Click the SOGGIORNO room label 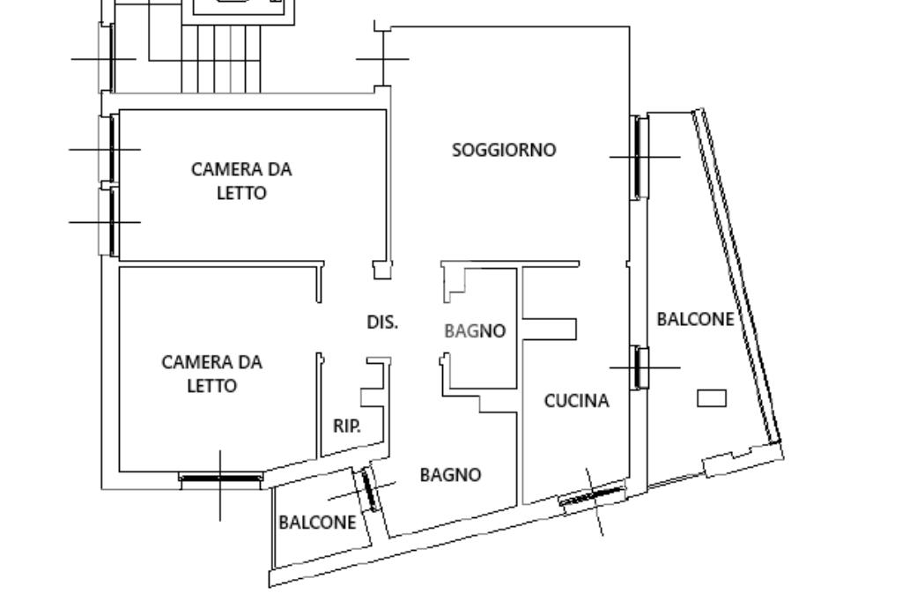[504, 150]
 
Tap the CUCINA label [576, 401]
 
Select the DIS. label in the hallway [382, 323]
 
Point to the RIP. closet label [347, 427]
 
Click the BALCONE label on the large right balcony [695, 319]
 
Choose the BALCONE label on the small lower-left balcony [317, 522]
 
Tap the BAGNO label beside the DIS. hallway [475, 331]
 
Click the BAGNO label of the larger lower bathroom [450, 475]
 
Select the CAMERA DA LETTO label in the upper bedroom [241, 181]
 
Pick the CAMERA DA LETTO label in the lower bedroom [211, 374]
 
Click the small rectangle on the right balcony [712, 398]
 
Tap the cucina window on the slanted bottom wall [592, 499]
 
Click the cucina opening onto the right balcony [640, 367]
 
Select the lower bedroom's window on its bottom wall [220, 479]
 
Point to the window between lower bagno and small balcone [367, 489]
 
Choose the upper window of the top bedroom [112, 149]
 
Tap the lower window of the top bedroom [112, 221]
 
